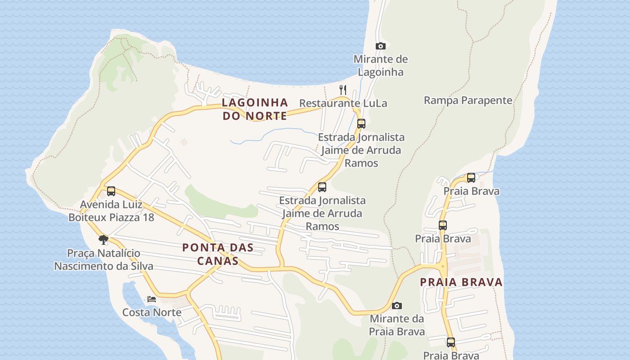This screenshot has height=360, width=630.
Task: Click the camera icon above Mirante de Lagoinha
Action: [381, 46]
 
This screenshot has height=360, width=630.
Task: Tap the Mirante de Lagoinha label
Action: [381, 66]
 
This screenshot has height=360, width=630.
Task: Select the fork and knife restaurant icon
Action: [343, 90]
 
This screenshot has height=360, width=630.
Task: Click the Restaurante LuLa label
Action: [343, 103]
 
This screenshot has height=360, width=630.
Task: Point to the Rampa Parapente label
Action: [468, 100]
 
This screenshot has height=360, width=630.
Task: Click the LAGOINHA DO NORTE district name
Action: [255, 109]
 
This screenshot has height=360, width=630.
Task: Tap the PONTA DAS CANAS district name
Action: [218, 254]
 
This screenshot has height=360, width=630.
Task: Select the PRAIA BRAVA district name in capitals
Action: [461, 282]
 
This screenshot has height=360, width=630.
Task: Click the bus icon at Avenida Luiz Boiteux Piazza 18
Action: [111, 191]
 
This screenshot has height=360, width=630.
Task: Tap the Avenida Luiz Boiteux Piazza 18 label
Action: [111, 211]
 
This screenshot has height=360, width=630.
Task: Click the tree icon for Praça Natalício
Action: [103, 239]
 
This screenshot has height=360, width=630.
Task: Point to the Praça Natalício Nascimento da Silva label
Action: [103, 260]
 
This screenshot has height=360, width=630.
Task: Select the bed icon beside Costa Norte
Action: [152, 299]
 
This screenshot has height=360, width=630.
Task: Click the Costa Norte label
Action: [152, 312]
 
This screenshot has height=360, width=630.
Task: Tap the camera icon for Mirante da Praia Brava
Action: [397, 306]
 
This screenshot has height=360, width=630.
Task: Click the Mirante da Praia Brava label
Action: [397, 325]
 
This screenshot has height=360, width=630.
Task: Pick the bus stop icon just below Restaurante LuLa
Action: [361, 123]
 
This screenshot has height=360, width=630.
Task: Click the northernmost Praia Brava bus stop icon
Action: [471, 177]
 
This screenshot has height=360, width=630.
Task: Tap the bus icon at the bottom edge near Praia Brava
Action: [451, 342]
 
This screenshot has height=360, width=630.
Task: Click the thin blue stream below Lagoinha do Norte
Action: [270, 132]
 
